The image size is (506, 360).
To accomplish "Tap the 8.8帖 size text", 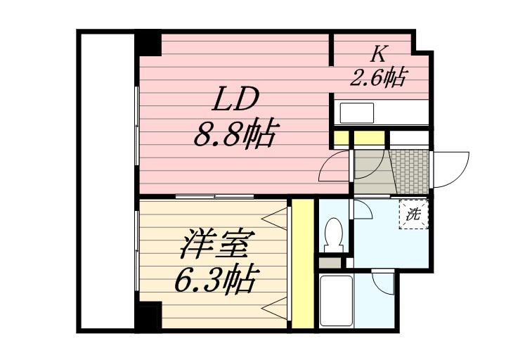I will (x=233, y=134).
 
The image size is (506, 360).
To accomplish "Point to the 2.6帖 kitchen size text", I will (x=378, y=77).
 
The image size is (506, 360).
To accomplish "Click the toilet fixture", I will (x=333, y=233).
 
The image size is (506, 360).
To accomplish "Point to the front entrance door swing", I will (x=450, y=171).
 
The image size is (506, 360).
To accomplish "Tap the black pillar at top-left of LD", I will (x=148, y=43).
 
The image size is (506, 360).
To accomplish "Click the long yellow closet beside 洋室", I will (x=302, y=264).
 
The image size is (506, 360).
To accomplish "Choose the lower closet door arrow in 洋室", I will (x=278, y=307).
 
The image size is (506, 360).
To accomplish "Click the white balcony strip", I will (x=105, y=179).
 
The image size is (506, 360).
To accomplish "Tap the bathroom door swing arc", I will (x=384, y=284).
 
